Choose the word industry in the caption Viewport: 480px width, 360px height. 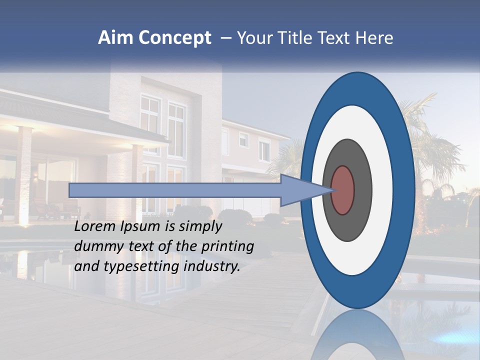211,266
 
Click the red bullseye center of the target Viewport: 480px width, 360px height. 343,190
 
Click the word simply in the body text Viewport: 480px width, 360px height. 199,227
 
